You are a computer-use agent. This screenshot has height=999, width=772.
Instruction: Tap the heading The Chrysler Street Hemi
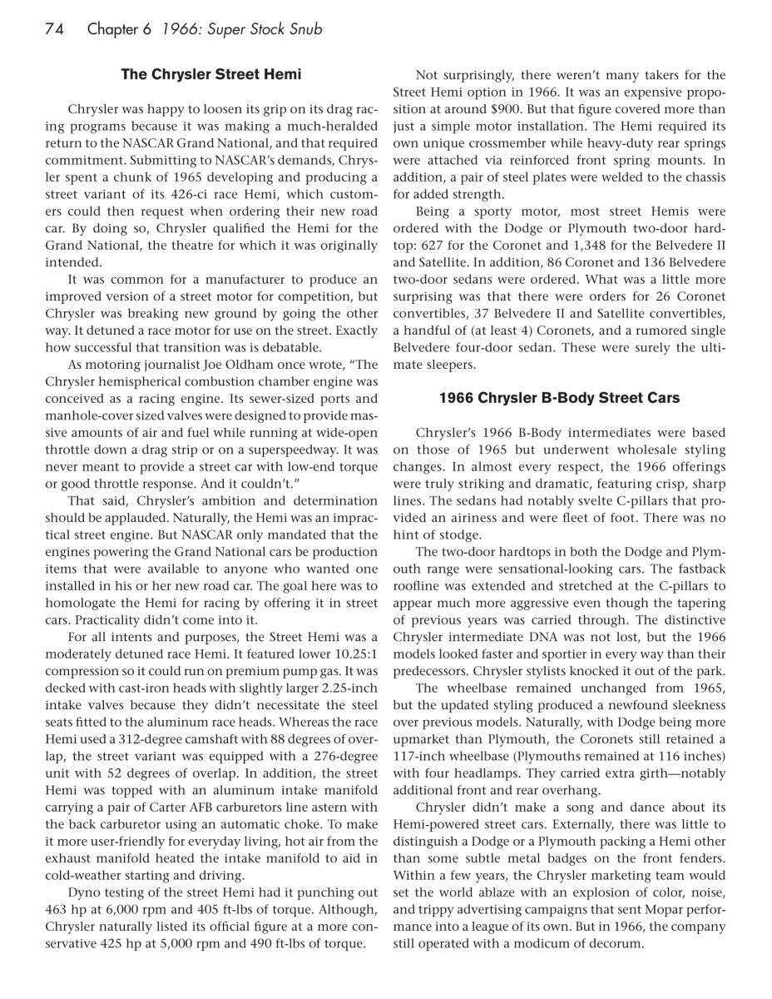211,74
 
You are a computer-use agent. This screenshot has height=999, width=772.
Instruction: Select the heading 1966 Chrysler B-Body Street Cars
559,398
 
